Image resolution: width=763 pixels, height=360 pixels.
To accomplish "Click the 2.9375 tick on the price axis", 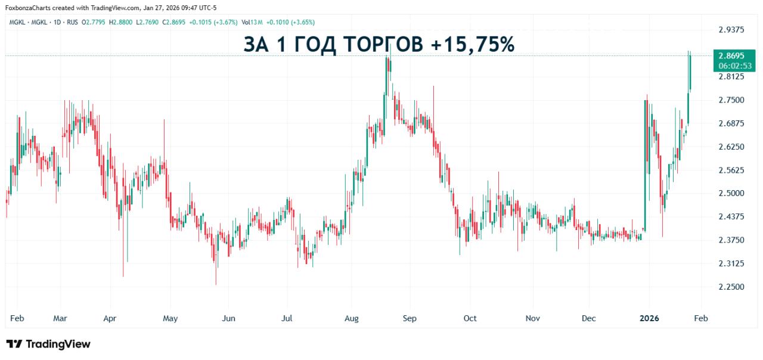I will pyautogui.click(x=731, y=30).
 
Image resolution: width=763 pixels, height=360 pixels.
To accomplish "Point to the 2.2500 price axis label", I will pyautogui.click(x=731, y=287).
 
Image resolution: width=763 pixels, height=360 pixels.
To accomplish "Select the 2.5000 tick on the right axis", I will pyautogui.click(x=731, y=193).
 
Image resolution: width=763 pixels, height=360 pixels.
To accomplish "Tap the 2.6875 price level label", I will pyautogui.click(x=731, y=123).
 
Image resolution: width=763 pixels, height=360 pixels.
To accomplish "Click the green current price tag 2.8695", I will pyautogui.click(x=731, y=55).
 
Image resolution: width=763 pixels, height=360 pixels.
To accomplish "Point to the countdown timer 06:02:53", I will pyautogui.click(x=731, y=66).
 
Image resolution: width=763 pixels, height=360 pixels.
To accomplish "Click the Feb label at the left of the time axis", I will pyautogui.click(x=17, y=318).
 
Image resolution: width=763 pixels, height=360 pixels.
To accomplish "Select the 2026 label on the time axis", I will pyautogui.click(x=649, y=318).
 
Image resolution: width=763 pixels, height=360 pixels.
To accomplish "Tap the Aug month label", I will pyautogui.click(x=352, y=318).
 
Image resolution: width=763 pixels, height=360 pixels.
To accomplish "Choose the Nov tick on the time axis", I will pyautogui.click(x=532, y=318).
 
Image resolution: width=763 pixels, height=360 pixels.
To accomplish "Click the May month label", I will pyautogui.click(x=170, y=318).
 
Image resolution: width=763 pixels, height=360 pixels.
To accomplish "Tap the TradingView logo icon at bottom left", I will pyautogui.click(x=14, y=344).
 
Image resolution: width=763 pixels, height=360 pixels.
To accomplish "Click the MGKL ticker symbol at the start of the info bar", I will pyautogui.click(x=15, y=22).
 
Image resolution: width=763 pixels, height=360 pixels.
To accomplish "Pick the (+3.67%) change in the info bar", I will pyautogui.click(x=225, y=22).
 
